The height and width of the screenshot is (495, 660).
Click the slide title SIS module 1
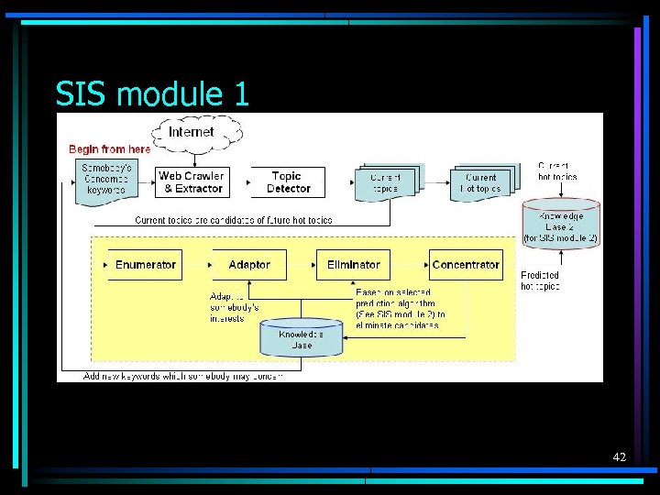[x=152, y=93]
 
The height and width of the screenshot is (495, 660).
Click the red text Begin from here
[x=110, y=149]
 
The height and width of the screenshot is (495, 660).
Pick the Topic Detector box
[x=288, y=181]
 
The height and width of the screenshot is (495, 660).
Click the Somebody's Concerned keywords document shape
[x=106, y=181]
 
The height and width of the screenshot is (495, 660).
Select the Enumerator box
[x=145, y=265]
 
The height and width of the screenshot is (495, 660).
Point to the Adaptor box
[x=249, y=265]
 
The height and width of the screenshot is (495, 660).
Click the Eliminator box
[x=353, y=265]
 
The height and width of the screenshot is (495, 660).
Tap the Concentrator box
[x=466, y=265]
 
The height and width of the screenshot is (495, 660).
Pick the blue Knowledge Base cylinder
[x=302, y=339]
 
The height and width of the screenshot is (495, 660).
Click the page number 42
[x=619, y=456]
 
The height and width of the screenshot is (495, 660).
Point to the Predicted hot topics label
[x=540, y=280]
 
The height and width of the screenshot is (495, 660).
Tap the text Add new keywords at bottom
[x=182, y=376]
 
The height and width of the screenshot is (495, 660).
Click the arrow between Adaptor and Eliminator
[x=301, y=265]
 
